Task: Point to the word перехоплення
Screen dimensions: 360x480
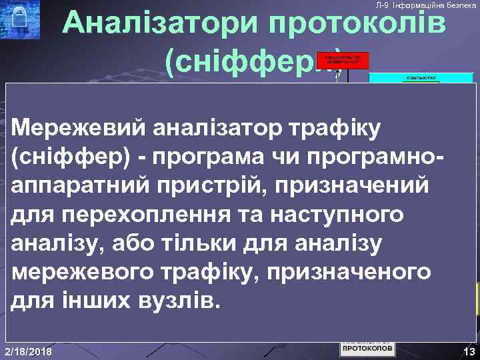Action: [143, 214]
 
